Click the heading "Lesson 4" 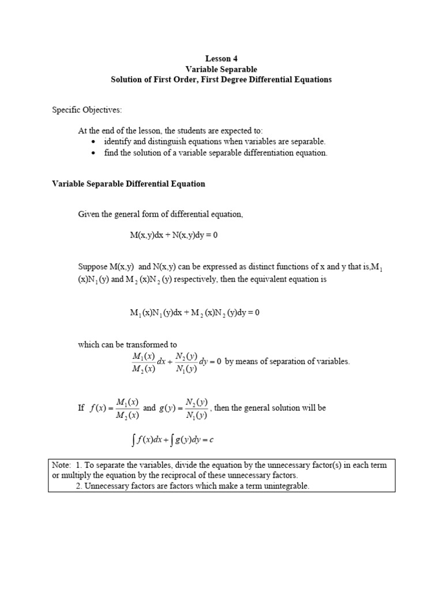(221, 59)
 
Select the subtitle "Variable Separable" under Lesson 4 (221, 69)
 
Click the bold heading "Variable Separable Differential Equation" (129, 184)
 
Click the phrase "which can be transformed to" (127, 345)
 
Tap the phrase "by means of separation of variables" (287, 362)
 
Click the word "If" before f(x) (81, 408)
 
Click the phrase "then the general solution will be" (270, 408)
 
